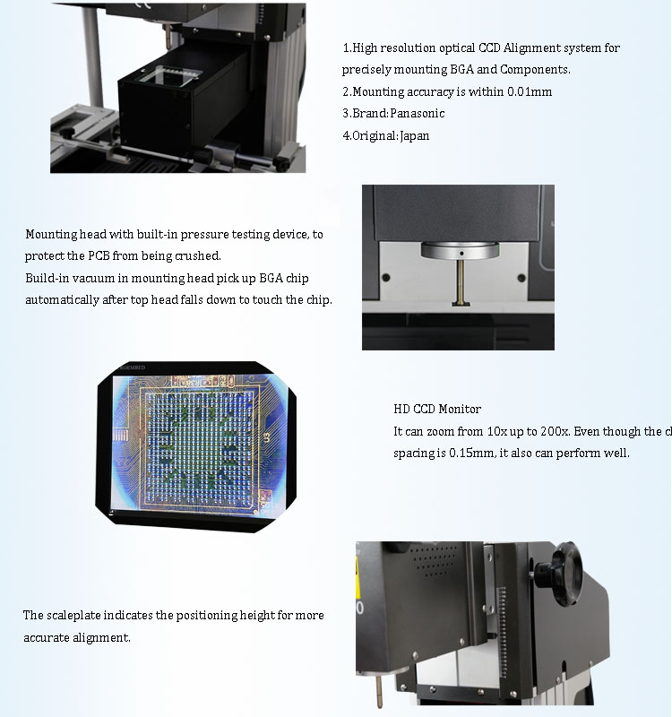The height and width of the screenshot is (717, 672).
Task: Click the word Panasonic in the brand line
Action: (x=417, y=114)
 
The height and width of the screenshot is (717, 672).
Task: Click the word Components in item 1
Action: (x=535, y=69)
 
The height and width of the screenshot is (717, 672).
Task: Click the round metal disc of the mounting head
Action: (x=458, y=248)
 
